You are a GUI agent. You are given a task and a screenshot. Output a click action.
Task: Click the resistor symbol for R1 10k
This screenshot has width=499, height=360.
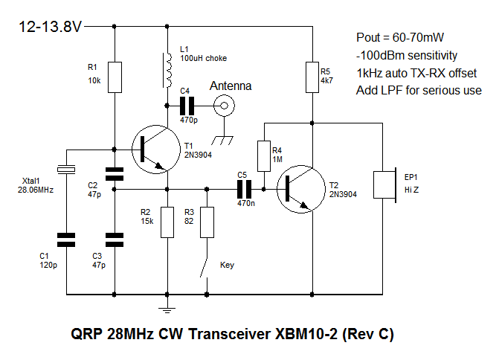coord(114,77)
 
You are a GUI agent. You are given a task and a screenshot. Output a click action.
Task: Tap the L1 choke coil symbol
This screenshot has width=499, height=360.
coord(167,68)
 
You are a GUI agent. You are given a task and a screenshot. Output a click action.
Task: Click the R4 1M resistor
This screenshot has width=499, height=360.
coord(263,155)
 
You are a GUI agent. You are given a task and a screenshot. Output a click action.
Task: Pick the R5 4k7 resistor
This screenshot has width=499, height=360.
coord(312,77)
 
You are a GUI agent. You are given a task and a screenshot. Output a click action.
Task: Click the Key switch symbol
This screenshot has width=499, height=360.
coord(205,265)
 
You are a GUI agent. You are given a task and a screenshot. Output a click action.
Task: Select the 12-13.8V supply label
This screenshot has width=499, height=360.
coord(51,27)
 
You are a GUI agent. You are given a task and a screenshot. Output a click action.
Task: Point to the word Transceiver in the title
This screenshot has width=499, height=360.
coord(239,335)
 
